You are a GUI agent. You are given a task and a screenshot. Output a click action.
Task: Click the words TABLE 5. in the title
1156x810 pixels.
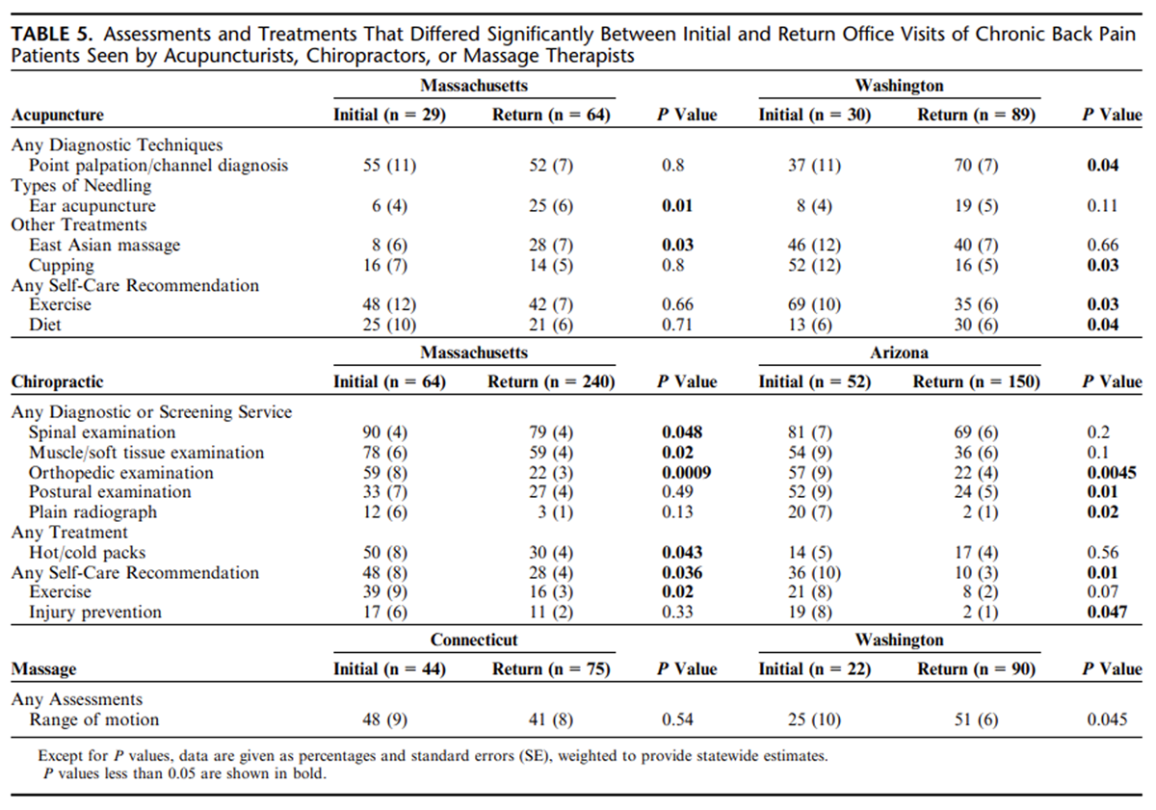point(52,34)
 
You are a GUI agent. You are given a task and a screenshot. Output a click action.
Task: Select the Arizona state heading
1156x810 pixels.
point(899,353)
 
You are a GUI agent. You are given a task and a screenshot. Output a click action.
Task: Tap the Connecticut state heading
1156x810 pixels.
point(474,640)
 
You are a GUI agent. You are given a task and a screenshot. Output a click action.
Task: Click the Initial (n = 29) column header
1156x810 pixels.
point(389,115)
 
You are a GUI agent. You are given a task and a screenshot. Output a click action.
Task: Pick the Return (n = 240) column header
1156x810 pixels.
point(551,381)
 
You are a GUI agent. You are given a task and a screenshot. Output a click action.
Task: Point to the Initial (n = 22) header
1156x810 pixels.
point(814,669)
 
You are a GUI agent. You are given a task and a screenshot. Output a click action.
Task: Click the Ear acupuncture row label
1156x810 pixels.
point(92,206)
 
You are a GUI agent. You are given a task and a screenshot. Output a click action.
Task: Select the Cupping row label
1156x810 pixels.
point(62,265)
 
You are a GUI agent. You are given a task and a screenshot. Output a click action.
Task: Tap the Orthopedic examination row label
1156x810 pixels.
point(121,473)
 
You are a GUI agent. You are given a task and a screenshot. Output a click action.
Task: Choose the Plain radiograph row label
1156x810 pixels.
point(92,511)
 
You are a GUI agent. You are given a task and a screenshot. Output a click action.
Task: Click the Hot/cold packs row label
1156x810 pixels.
point(88,553)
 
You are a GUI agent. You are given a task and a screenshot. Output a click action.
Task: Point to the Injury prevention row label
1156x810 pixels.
point(95,612)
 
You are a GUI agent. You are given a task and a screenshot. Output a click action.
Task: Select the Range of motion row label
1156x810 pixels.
point(94,719)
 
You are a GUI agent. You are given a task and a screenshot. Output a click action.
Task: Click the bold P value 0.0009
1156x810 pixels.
point(686,473)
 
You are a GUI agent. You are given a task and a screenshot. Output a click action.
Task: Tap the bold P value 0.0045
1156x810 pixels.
point(1112,473)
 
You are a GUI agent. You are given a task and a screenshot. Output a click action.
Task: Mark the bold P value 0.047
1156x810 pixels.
point(1107,612)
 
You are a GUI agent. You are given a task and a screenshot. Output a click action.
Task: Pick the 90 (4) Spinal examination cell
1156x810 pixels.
point(385,432)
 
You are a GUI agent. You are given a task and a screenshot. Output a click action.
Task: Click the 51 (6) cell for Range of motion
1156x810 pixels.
point(976,719)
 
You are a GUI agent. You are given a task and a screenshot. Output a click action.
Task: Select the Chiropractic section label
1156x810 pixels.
point(57,381)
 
